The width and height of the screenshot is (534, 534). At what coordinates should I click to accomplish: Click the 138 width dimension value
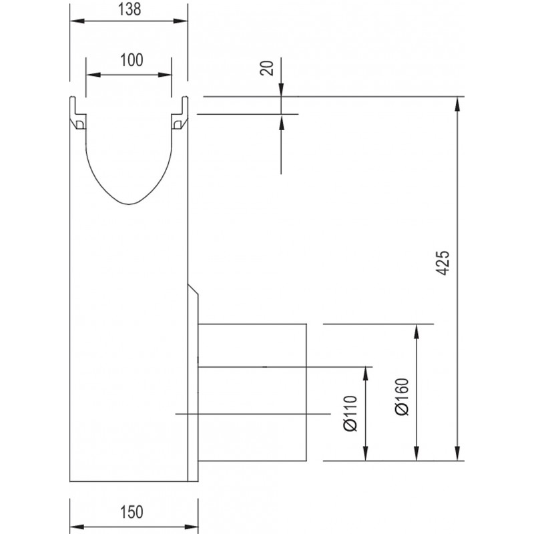pos(129,9)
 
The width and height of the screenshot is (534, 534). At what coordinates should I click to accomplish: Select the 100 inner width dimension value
pos(131,60)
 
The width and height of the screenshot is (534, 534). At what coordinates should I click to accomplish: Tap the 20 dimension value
pos(266,68)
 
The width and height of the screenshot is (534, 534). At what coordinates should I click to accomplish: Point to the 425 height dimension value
pos(443,263)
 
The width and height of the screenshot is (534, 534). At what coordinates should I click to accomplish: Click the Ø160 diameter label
pos(402,396)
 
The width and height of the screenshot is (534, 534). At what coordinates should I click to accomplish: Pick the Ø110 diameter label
pos(350,413)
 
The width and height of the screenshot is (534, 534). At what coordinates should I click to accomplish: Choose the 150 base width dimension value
pos(131,512)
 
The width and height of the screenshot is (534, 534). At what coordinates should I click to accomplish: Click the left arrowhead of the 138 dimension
pos(77,21)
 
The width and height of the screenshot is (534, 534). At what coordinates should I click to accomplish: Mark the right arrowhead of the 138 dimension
pos(180,21)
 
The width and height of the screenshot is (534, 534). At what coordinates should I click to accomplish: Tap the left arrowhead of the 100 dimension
pos(93,75)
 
